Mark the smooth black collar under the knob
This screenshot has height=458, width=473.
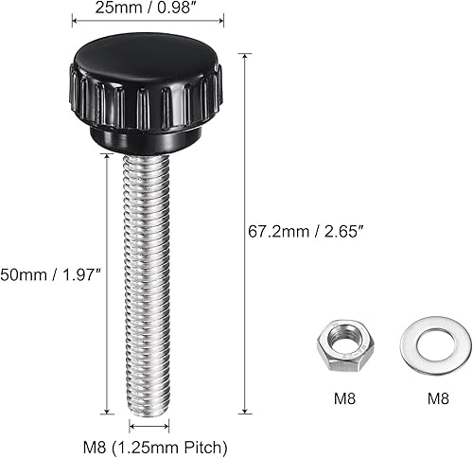(x=147, y=141)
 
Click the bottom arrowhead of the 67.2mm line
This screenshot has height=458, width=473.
(x=244, y=411)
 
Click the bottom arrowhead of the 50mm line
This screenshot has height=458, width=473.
(x=106, y=411)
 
